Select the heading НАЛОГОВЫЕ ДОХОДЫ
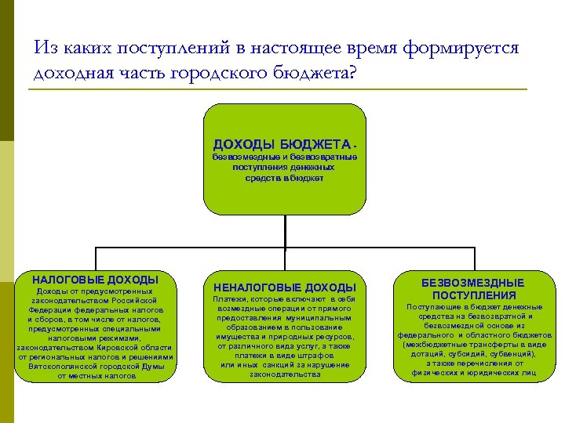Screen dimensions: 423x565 point(95,280)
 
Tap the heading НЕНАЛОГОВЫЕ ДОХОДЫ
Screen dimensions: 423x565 point(285,287)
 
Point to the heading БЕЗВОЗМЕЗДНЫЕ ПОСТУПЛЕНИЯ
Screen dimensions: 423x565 point(473,289)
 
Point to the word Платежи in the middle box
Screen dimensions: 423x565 point(231,299)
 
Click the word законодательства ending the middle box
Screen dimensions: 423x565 point(285,374)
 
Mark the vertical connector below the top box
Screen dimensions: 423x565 point(285,231)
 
